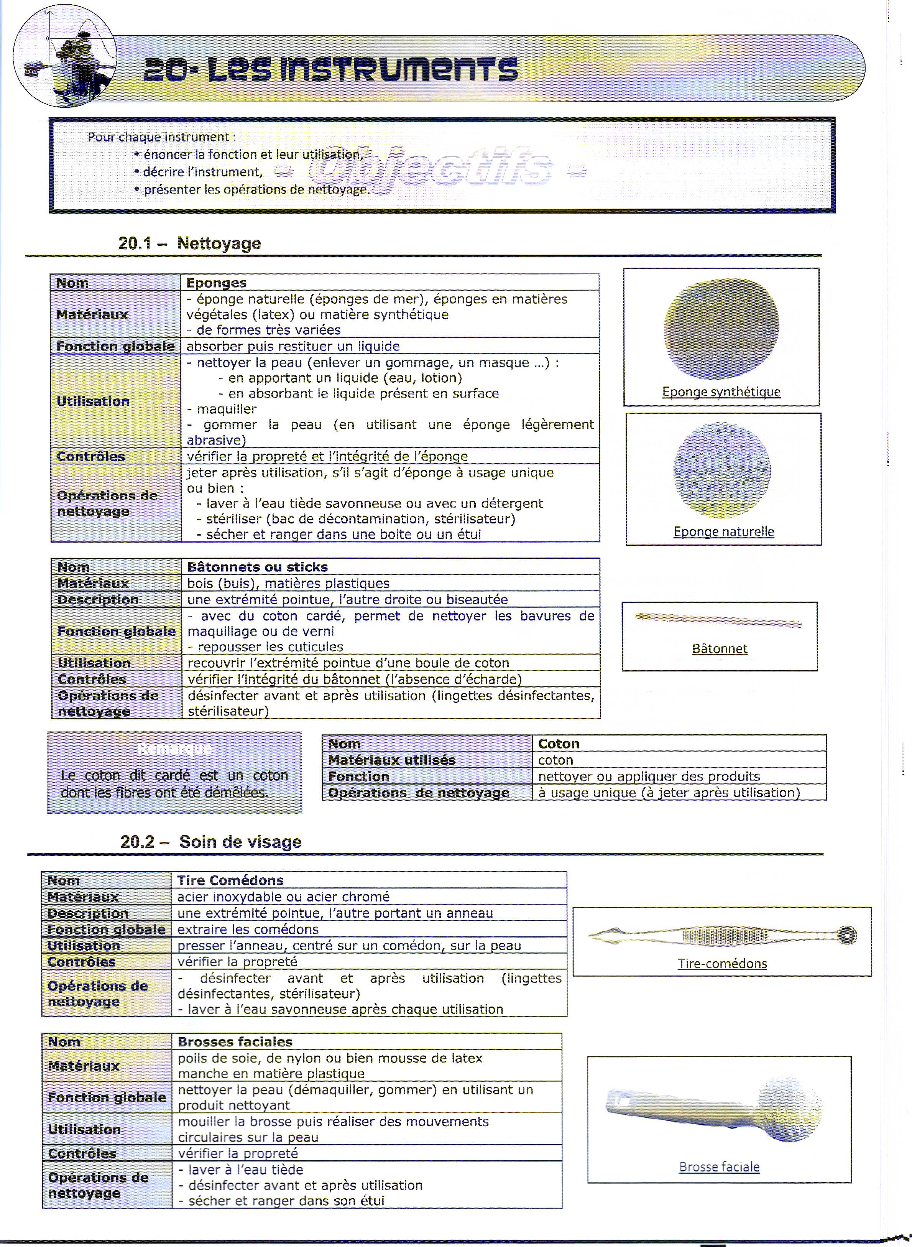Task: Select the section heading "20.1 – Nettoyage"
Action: point(189,243)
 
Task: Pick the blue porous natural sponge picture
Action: point(723,470)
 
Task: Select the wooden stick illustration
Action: point(718,620)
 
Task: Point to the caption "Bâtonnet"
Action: point(719,648)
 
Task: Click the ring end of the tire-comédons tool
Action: point(847,936)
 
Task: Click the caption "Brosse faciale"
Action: point(719,1167)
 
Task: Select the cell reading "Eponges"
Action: point(216,283)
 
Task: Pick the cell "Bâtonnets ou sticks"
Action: point(257,567)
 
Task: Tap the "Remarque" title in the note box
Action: point(174,748)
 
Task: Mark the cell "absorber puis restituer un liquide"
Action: point(292,346)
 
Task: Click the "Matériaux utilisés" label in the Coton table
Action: point(391,760)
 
